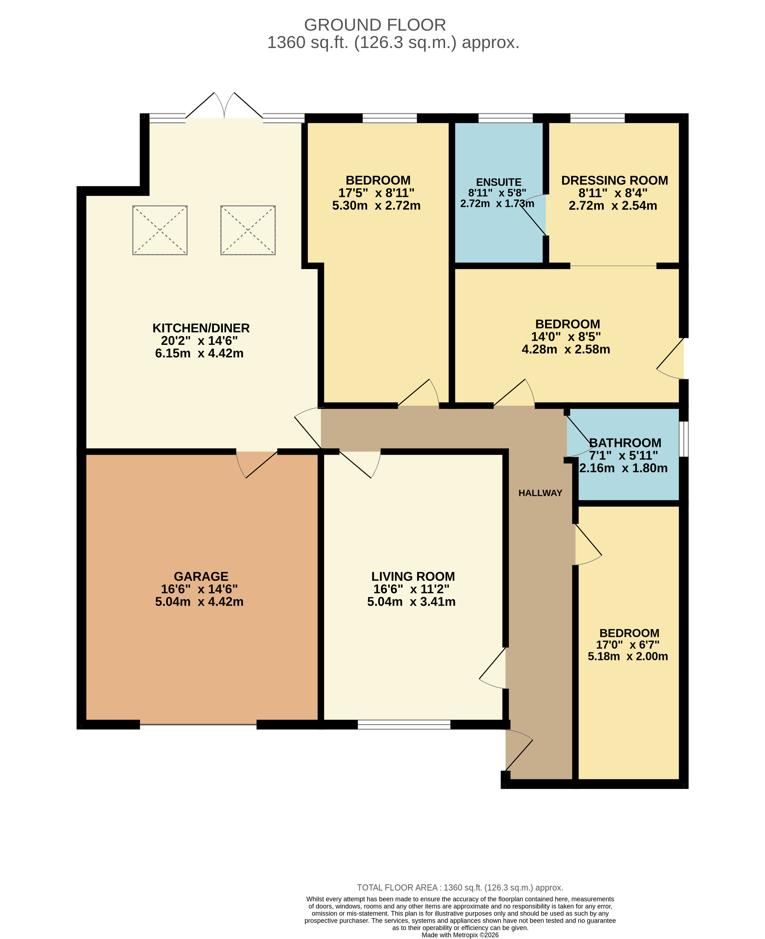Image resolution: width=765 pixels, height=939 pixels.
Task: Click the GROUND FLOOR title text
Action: tap(375, 25)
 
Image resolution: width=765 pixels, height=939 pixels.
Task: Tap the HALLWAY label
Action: tap(540, 493)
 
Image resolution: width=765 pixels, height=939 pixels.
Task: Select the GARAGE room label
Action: tap(201, 576)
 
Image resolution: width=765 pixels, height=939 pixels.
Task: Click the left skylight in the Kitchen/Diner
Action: tap(160, 230)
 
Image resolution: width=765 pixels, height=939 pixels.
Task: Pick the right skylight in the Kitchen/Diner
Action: tap(248, 230)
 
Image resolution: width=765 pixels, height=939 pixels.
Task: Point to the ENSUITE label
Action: tap(499, 182)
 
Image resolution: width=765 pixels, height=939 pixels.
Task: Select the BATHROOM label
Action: tap(625, 443)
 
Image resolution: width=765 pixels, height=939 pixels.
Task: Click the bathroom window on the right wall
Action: tap(683, 439)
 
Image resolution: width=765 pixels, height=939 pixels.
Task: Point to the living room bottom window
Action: tap(404, 724)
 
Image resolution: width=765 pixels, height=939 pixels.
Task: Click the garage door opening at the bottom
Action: tap(198, 724)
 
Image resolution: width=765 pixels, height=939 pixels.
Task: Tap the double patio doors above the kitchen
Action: tap(224, 106)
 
